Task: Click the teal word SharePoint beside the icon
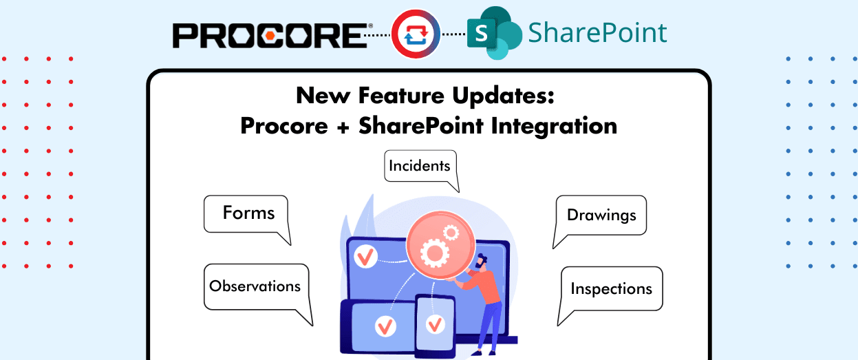[x=597, y=32]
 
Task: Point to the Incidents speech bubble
[x=420, y=166]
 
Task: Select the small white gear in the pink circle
[x=451, y=232]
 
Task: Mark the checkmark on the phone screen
[x=435, y=324]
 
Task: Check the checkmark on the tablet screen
[x=385, y=324]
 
